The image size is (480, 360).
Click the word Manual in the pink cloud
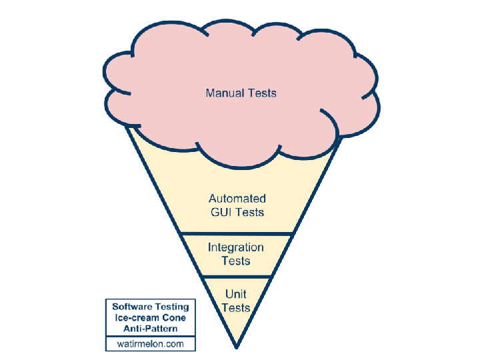click(x=225, y=93)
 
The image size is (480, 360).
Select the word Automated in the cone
click(x=237, y=199)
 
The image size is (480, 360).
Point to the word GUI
click(x=220, y=213)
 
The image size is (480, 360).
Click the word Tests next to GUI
click(x=249, y=213)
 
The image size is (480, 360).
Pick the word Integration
click(x=236, y=247)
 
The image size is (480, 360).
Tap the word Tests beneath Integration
click(x=236, y=261)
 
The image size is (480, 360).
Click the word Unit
click(x=236, y=294)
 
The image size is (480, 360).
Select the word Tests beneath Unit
click(x=236, y=307)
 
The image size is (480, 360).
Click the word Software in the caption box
click(x=131, y=307)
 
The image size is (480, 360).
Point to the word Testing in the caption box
click(x=171, y=307)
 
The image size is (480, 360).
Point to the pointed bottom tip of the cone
click(x=236, y=347)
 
